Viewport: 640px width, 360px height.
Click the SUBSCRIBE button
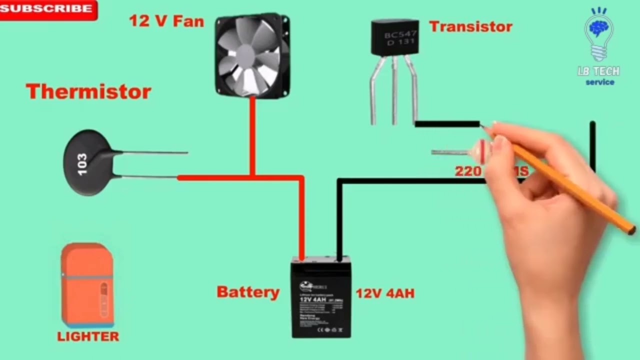point(47,9)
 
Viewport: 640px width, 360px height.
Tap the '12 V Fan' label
point(166,21)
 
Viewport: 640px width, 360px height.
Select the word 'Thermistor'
point(88,92)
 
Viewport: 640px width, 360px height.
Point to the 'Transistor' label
point(470,26)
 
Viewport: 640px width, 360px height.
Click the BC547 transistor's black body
point(394,36)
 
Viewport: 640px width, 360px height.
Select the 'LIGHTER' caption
point(88,336)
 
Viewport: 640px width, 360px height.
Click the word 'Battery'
point(247,292)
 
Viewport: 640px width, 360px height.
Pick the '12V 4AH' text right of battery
point(385,293)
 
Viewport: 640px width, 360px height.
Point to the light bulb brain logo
point(599,32)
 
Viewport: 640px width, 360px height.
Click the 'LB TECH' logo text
point(598,71)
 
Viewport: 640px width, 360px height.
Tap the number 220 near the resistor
point(467,171)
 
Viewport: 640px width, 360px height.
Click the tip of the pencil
point(483,127)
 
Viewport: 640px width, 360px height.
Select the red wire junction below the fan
point(252,177)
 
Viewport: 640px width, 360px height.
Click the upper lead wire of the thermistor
point(155,152)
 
